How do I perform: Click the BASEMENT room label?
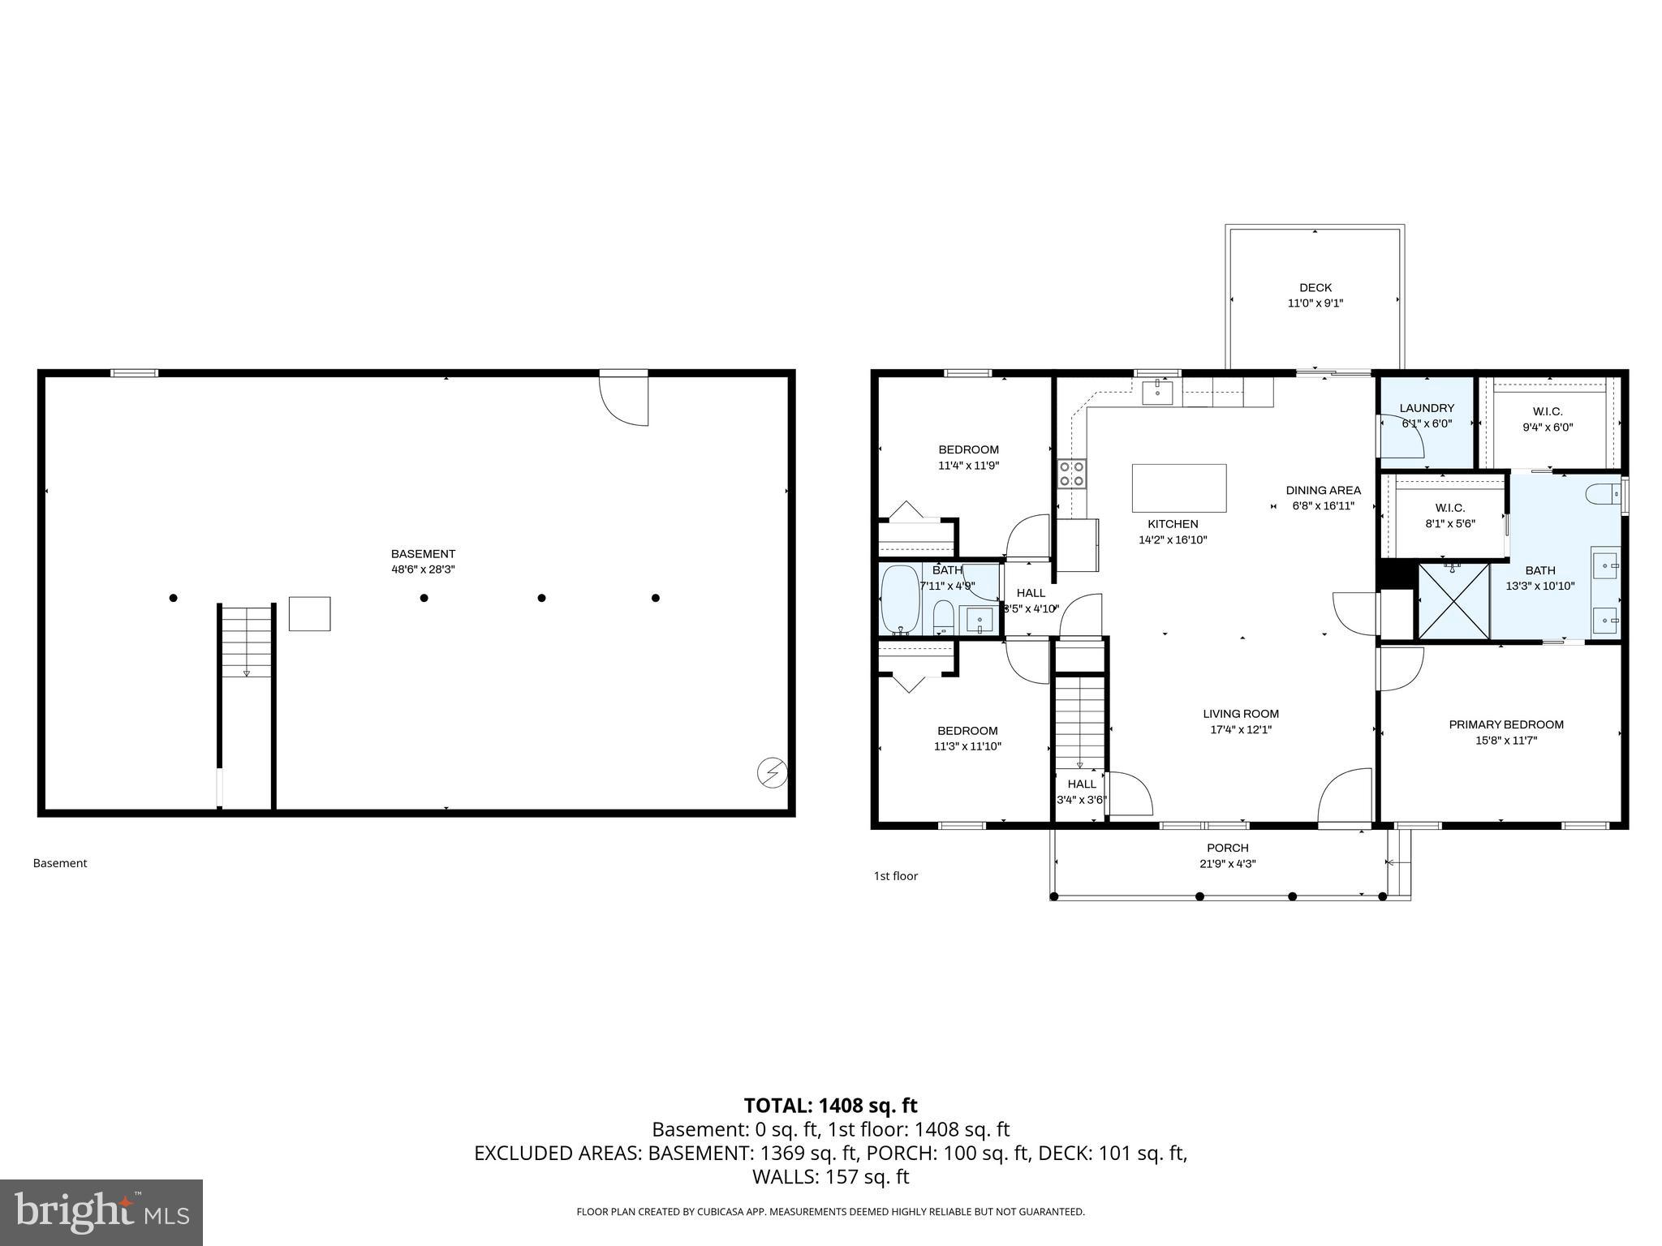point(423,554)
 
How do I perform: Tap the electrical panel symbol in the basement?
point(772,772)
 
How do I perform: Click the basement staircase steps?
point(247,641)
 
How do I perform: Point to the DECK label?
point(1315,288)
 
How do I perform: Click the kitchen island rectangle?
point(1178,488)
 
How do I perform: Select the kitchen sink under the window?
point(1156,393)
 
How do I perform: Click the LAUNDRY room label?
point(1426,408)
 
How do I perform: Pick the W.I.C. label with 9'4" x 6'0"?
point(1547,412)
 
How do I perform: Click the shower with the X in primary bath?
point(1453,600)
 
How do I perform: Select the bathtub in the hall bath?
point(900,599)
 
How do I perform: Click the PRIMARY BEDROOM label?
point(1505,724)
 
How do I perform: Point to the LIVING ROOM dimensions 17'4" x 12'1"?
point(1240,729)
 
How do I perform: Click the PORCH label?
point(1227,849)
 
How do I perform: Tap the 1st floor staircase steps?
point(1080,722)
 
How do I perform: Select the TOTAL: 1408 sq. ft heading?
point(830,1105)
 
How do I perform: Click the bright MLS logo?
point(101,1212)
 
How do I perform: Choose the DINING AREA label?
point(1323,490)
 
